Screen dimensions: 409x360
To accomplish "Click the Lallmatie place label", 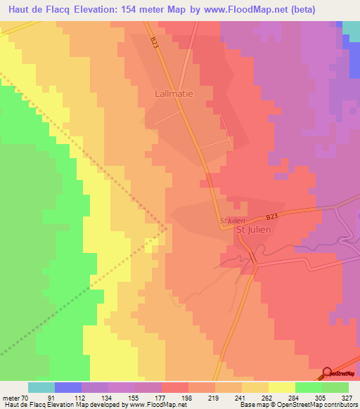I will [174, 92].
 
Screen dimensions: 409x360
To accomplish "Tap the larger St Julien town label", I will [253, 229].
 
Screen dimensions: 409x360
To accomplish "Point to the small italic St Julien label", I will [231, 221].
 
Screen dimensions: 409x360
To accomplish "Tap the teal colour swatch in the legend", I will [41, 387].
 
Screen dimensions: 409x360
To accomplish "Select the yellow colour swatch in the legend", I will [282, 387].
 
